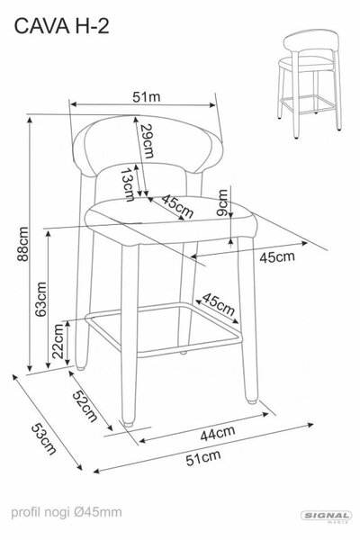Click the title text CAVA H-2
tap(62, 26)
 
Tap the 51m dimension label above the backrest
tap(147, 97)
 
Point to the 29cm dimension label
tap(148, 140)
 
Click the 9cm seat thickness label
tap(222, 202)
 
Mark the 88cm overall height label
tap(23, 244)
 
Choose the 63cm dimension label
tap(40, 299)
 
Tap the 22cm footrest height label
tap(58, 341)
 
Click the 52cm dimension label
tap(85, 407)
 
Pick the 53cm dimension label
tap(44, 439)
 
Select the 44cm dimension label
tap(218, 434)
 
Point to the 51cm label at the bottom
tap(203, 458)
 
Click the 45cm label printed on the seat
tap(177, 206)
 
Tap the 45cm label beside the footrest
tap(219, 304)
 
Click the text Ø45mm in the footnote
tap(98, 512)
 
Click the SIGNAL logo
tap(326, 516)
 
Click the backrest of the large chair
tap(148, 145)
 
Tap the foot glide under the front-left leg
tap(128, 423)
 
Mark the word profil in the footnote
tap(26, 512)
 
